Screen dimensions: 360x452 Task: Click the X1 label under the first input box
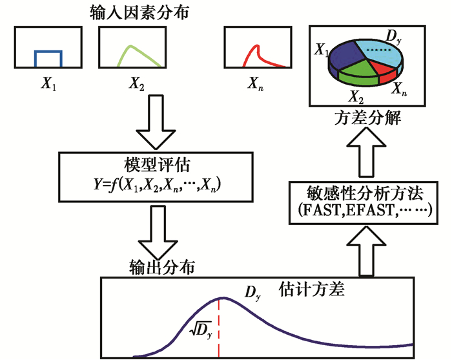click(49, 83)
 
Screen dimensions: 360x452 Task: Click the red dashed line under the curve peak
click(220, 330)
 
